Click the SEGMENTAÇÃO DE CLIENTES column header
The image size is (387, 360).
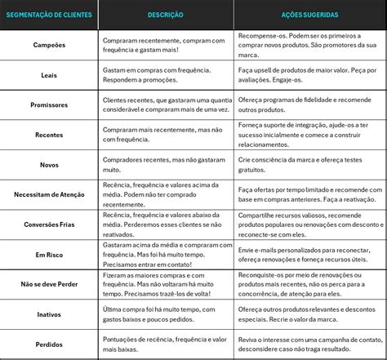(x=49, y=15)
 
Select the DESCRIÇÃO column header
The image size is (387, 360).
(x=166, y=15)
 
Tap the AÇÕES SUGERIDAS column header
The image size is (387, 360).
(x=310, y=15)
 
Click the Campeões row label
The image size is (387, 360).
(x=49, y=46)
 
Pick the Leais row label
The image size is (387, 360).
(x=49, y=75)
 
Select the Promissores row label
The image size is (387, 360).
(x=49, y=105)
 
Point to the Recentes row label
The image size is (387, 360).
(x=49, y=135)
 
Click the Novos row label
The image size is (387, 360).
(x=49, y=165)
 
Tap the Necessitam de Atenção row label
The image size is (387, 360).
(x=49, y=195)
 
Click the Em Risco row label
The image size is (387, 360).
(x=49, y=254)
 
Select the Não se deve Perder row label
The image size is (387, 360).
(x=49, y=285)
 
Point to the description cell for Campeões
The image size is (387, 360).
(x=166, y=46)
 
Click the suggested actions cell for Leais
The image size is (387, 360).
(x=310, y=75)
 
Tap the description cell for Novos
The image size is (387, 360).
(x=166, y=165)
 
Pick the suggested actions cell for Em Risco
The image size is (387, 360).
(x=310, y=254)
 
